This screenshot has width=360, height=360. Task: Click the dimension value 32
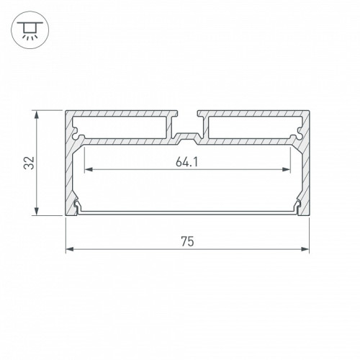(x=30, y=163)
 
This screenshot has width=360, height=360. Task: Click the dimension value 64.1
(x=187, y=162)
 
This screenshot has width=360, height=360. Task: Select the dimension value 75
(x=187, y=241)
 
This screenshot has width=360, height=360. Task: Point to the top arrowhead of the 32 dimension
(x=36, y=114)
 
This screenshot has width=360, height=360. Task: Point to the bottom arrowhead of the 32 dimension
(x=36, y=211)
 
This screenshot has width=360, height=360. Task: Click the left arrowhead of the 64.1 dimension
(x=89, y=170)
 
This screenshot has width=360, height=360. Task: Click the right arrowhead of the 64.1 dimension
(x=286, y=170)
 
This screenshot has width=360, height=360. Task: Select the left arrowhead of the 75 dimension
(x=70, y=249)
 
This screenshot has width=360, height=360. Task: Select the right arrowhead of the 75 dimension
(x=305, y=249)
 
